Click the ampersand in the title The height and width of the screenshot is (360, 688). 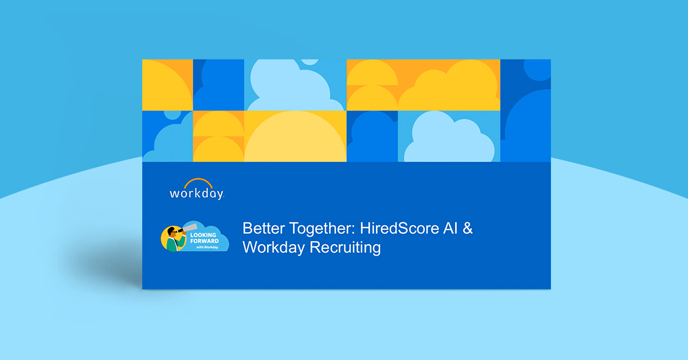pos(468,228)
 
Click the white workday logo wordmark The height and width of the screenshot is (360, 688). pos(196,194)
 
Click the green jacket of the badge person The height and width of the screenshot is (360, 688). pos(172,244)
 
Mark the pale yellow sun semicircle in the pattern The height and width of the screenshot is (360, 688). pos(295,140)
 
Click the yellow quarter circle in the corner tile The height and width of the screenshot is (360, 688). pos(163,86)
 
